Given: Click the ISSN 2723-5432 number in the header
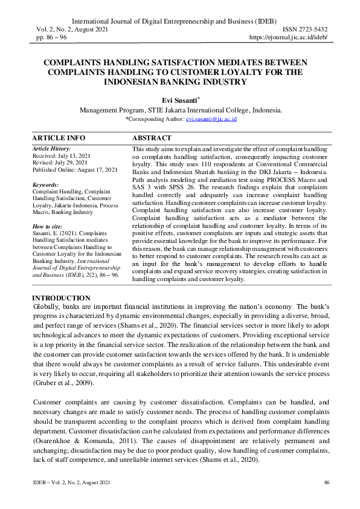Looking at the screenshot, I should point(306,30).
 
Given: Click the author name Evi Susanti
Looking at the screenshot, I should point(179,100).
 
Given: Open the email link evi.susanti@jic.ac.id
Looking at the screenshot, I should point(211,120).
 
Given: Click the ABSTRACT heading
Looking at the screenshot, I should point(152,138).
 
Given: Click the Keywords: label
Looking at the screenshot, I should point(45,184).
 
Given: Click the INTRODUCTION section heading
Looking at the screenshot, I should point(61,298).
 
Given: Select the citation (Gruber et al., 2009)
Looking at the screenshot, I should point(60,383).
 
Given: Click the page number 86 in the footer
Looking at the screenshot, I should point(327,482).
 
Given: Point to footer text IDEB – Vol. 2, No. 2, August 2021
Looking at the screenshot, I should point(71,482).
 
